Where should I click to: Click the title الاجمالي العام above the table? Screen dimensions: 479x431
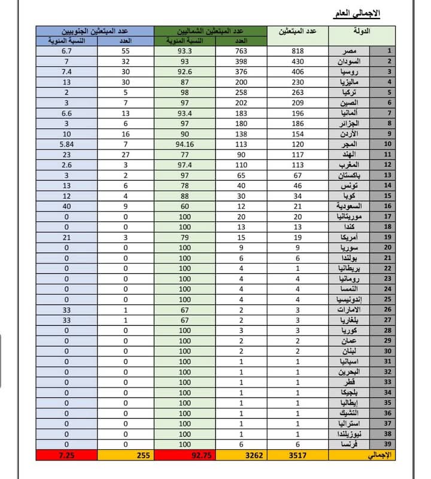(356, 13)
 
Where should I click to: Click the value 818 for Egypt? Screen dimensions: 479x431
(298, 51)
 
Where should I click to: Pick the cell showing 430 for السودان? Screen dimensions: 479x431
(298, 62)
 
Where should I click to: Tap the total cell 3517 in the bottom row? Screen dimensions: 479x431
(298, 456)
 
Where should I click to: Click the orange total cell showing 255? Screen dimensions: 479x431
(126, 456)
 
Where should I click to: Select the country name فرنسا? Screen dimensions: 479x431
(351, 445)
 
